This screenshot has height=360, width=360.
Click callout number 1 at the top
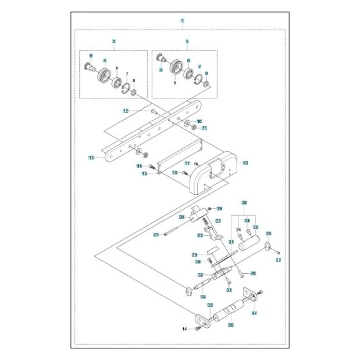tap(183, 21)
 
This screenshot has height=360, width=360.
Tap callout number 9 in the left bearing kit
tap(91, 55)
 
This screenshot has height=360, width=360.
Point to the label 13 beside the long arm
tap(91, 156)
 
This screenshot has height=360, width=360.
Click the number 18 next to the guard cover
tap(245, 164)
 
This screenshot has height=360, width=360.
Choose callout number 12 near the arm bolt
tap(127, 111)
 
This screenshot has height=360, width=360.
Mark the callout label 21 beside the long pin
tap(156, 235)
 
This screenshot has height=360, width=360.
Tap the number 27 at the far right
tap(279, 260)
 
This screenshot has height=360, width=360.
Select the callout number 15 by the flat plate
tap(145, 174)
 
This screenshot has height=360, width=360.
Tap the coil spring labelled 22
tap(205, 224)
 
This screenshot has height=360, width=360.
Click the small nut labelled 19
tap(209, 209)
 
